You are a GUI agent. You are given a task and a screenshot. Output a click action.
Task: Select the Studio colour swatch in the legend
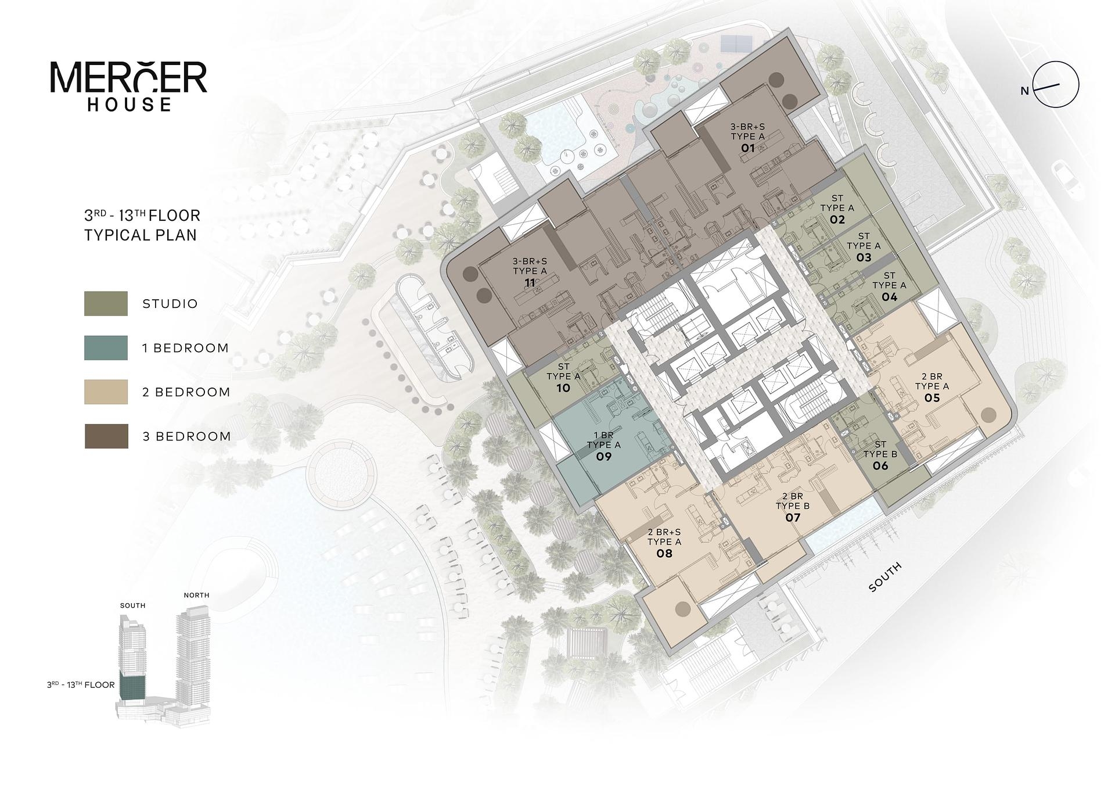click(x=106, y=303)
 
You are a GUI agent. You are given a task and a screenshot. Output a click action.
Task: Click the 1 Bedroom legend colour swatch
click(x=106, y=347)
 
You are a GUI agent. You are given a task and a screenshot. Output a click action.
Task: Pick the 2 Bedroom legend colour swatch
click(x=106, y=392)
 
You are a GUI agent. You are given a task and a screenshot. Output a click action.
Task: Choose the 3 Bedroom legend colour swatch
click(x=106, y=436)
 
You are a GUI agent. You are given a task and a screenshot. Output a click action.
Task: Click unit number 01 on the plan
click(x=747, y=148)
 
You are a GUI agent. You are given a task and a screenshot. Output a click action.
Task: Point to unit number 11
click(x=529, y=283)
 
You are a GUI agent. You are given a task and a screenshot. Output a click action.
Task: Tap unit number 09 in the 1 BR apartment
click(x=603, y=457)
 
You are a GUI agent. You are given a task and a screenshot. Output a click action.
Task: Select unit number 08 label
click(x=664, y=553)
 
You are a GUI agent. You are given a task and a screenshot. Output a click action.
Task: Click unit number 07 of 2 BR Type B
click(x=792, y=517)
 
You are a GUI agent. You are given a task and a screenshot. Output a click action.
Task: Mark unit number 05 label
click(x=931, y=398)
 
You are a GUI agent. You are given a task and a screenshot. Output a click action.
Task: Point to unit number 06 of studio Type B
click(x=880, y=466)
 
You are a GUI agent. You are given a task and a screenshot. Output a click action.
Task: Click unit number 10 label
click(x=563, y=388)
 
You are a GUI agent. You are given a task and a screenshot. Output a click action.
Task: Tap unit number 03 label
click(x=864, y=257)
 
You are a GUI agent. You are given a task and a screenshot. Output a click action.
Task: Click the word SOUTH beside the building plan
click(x=885, y=577)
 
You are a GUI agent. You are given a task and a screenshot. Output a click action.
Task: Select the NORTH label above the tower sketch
click(x=196, y=595)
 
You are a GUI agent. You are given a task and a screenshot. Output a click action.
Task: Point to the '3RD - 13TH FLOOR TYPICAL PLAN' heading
click(x=142, y=225)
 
